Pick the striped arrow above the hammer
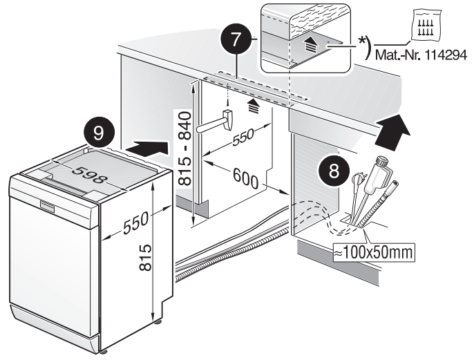[246, 104]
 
